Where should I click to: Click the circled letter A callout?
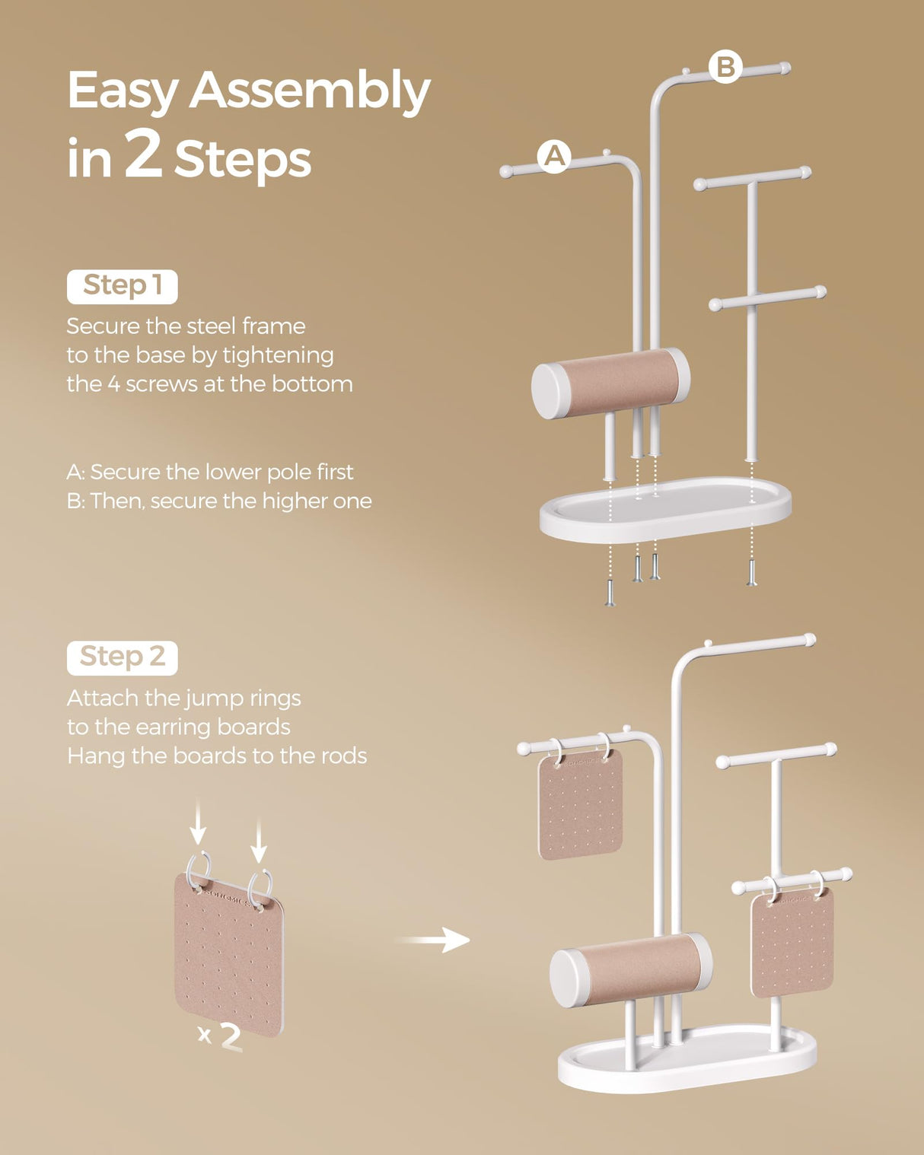pyautogui.click(x=554, y=156)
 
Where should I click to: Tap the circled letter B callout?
pyautogui.click(x=725, y=67)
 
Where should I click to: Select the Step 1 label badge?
pyautogui.click(x=122, y=286)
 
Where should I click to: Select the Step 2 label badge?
pyautogui.click(x=122, y=657)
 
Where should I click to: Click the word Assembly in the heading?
pyautogui.click(x=310, y=91)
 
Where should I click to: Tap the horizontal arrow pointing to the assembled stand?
pyautogui.click(x=433, y=940)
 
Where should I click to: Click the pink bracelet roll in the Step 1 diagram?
pyautogui.click(x=611, y=383)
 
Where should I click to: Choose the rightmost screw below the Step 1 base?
pyautogui.click(x=752, y=572)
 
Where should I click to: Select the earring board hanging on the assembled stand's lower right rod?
pyautogui.click(x=792, y=943)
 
